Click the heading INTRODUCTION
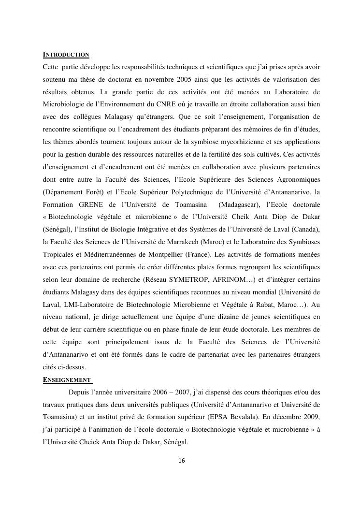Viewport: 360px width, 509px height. click(x=66, y=54)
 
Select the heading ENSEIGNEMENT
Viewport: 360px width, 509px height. click(x=67, y=379)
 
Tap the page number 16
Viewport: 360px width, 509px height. click(x=182, y=461)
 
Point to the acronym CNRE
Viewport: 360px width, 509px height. click(x=171, y=104)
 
